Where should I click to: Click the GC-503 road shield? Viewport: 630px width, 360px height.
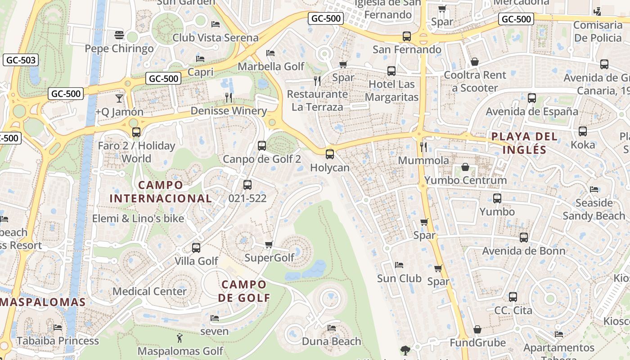coord(20,60)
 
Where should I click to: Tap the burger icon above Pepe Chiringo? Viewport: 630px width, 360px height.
coord(119,35)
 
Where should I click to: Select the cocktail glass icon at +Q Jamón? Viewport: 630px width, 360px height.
coord(119,98)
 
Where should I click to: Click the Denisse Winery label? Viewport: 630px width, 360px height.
coord(229,111)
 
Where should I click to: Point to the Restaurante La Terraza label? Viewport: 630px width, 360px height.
coord(317,101)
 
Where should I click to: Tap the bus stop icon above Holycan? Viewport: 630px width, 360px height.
coord(330,154)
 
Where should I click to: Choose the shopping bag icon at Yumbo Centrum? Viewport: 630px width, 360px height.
coord(465,167)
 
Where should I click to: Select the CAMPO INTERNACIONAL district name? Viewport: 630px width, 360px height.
coord(161,192)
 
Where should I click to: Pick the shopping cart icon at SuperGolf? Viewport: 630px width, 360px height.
coord(269,244)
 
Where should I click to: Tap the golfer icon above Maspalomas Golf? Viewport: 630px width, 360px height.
coord(180,337)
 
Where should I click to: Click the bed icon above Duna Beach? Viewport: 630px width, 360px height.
coord(332,328)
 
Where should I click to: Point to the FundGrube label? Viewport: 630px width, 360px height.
coord(478,343)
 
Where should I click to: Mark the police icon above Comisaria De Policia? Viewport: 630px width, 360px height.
coord(598,11)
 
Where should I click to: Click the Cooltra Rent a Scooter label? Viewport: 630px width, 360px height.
coord(475,81)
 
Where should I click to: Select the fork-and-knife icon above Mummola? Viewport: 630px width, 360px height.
coord(423,147)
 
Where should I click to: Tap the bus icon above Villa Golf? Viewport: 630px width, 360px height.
coord(196,247)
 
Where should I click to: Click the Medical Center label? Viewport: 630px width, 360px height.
coord(149,291)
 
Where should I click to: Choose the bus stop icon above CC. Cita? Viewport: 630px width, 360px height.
coord(513,297)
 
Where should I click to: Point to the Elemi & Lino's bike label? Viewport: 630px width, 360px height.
coord(138,219)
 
